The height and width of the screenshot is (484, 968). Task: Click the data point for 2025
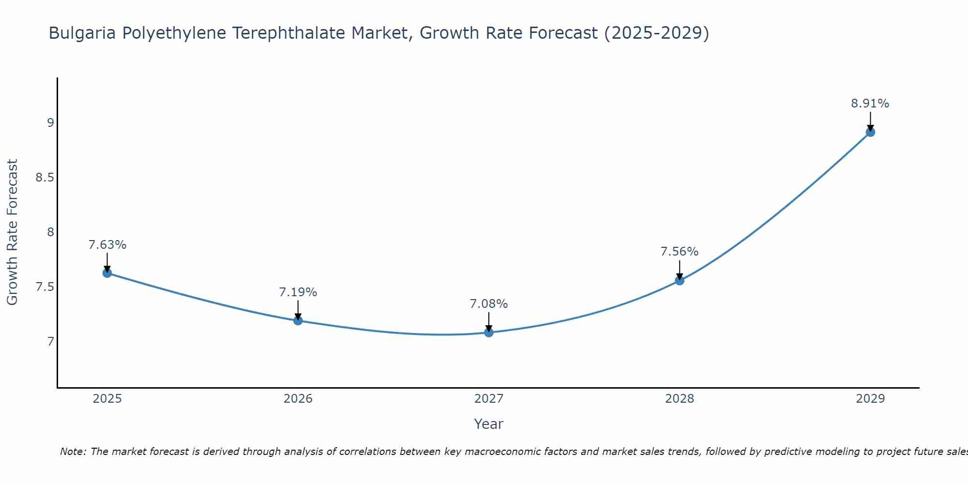(x=107, y=273)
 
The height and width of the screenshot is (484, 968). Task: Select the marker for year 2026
(x=298, y=320)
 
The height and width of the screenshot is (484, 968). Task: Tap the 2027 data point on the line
(x=488, y=333)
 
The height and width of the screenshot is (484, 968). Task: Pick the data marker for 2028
(x=679, y=280)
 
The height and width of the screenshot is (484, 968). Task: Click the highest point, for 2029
(x=870, y=132)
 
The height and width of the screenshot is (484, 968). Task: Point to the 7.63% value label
(x=107, y=245)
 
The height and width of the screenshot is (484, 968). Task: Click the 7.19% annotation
(x=298, y=292)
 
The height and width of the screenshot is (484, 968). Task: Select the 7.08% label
(x=488, y=304)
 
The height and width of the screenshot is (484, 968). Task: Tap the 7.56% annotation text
(x=679, y=252)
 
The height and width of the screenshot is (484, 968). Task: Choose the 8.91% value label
(x=870, y=104)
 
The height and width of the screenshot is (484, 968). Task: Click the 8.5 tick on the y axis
(x=45, y=178)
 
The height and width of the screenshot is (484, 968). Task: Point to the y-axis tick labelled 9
(x=50, y=123)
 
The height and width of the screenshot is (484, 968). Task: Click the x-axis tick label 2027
(x=488, y=399)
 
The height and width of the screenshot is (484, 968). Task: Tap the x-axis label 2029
(x=870, y=399)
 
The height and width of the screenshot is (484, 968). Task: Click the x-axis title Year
(x=488, y=424)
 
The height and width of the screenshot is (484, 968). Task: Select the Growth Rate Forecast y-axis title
(x=13, y=232)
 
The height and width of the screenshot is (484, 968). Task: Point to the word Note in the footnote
(x=73, y=452)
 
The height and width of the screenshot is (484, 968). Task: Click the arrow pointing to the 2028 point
(x=679, y=270)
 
